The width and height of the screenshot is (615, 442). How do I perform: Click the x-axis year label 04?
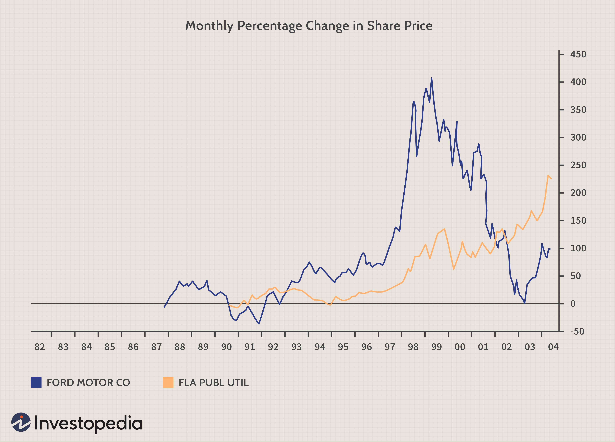[553, 347]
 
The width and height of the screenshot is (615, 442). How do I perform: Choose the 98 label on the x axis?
[413, 347]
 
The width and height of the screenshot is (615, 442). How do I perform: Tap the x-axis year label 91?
[250, 347]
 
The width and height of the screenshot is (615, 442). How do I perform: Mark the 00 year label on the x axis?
[460, 347]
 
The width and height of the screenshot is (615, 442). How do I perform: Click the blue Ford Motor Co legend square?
[36, 382]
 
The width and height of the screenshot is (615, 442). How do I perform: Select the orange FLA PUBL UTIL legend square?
[168, 382]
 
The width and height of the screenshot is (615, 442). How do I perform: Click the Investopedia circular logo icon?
[21, 422]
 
